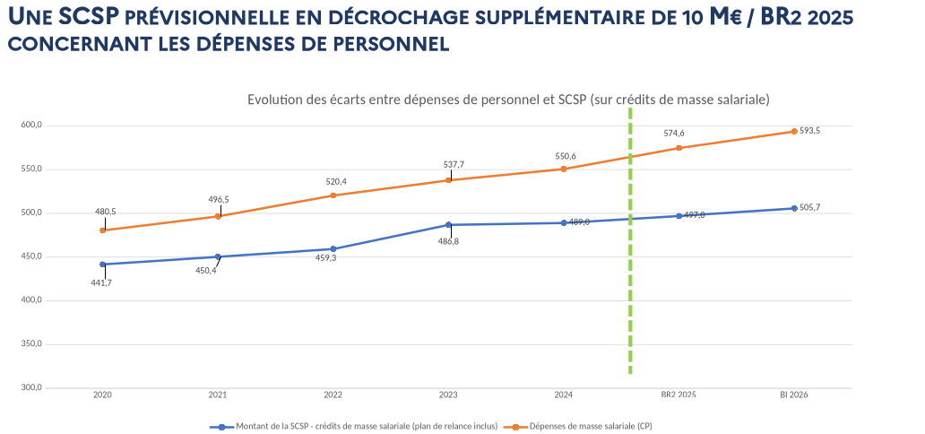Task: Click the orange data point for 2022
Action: [333, 195]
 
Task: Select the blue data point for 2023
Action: [448, 224]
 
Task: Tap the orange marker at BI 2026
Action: [794, 132]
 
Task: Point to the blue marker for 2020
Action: [102, 264]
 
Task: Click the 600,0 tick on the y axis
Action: [32, 125]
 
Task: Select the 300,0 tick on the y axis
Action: [32, 387]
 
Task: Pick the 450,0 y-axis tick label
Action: [32, 256]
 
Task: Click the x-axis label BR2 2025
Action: [679, 395]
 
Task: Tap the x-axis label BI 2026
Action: [794, 395]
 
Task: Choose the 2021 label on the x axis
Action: [217, 395]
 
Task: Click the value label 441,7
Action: [101, 282]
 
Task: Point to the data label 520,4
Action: [336, 181]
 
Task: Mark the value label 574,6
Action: [674, 133]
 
